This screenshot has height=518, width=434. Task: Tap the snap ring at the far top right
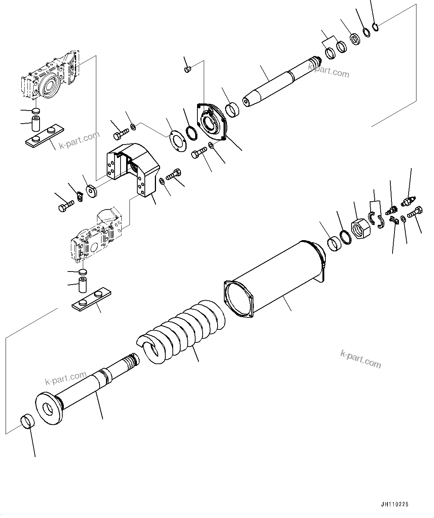coord(376,27)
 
